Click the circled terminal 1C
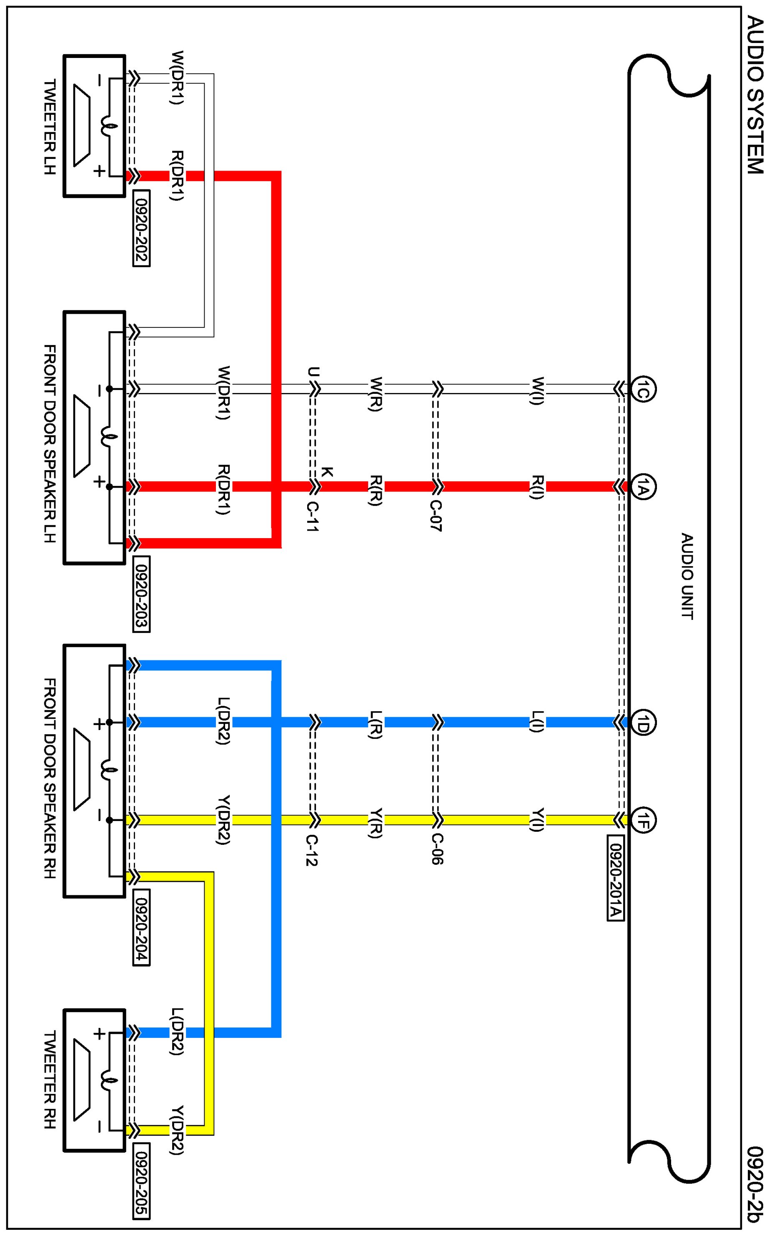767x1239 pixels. coord(643,390)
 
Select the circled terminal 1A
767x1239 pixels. coord(643,487)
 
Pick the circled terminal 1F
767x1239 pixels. coord(643,820)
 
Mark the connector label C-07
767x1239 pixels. coord(436,516)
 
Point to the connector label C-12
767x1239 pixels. coord(312,850)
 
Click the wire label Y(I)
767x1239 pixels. coord(537,819)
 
